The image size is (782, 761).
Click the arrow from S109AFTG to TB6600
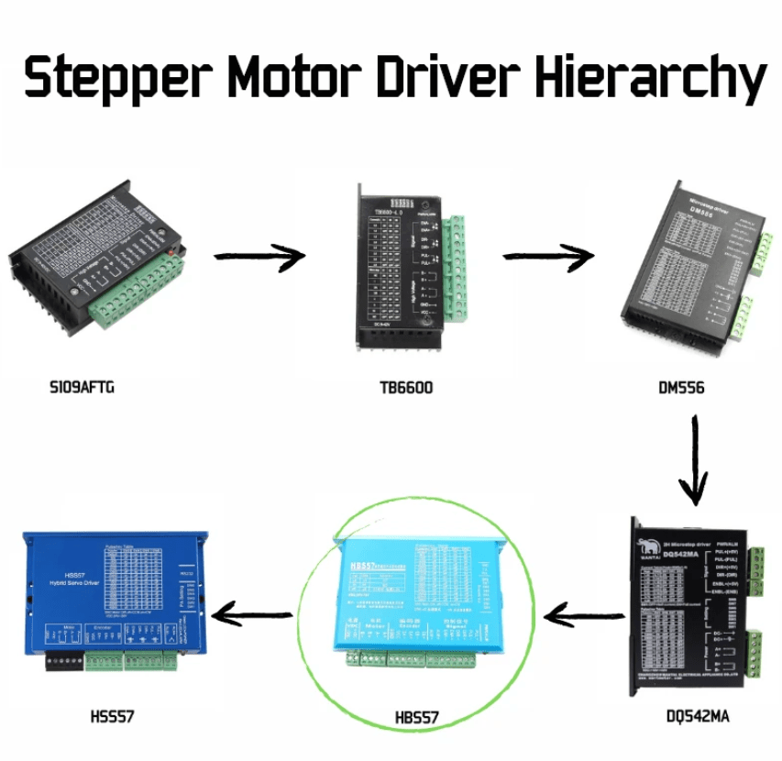pyautogui.click(x=259, y=259)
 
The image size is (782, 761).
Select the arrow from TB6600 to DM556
pyautogui.click(x=548, y=258)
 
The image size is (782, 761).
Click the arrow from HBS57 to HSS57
pyautogui.click(x=253, y=615)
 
